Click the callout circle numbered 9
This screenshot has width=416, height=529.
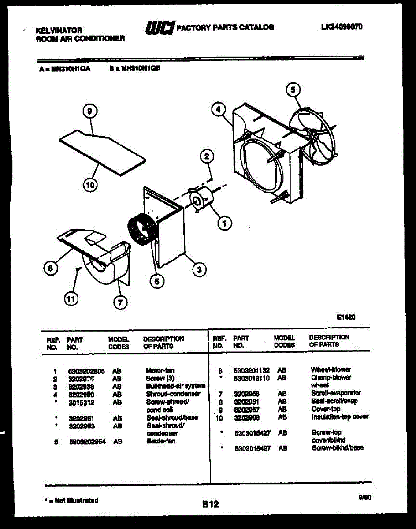click(89, 112)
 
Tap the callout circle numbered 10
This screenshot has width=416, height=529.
click(90, 186)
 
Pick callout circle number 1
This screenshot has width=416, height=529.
click(224, 224)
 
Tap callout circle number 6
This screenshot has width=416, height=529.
click(156, 281)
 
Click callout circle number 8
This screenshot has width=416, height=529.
click(51, 267)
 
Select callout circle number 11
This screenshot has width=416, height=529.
click(70, 299)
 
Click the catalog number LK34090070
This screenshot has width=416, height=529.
click(342, 27)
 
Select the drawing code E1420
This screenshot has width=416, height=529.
click(345, 317)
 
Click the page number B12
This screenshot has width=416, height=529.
click(210, 504)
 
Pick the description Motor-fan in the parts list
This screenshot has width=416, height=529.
click(160, 371)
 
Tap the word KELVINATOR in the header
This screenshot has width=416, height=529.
click(59, 30)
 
